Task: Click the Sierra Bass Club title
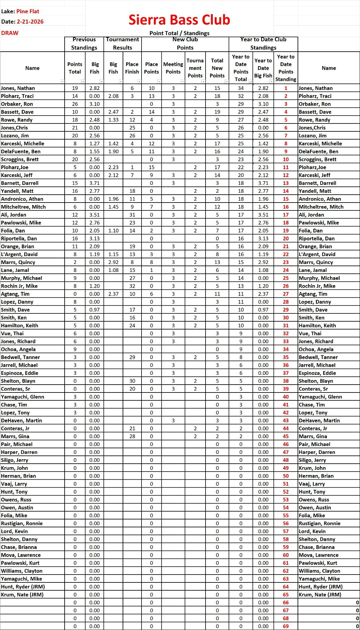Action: click(179, 20)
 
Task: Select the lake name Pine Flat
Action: click(28, 11)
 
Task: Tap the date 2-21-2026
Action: click(30, 22)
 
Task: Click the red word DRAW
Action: click(10, 33)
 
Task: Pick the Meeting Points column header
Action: click(173, 68)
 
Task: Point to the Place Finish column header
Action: click(132, 68)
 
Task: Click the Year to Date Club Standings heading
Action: click(263, 43)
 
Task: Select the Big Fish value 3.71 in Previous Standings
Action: click(94, 183)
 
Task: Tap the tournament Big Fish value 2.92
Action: click(113, 262)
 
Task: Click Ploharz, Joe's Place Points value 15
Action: click(151, 167)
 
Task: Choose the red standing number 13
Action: click(286, 183)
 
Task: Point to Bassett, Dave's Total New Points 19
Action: click(217, 112)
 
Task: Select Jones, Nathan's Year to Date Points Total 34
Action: click(241, 88)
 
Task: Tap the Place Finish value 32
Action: click(132, 286)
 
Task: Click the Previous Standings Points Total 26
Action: click(75, 104)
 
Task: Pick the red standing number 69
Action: click(286, 626)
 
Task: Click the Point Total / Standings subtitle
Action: click(179, 33)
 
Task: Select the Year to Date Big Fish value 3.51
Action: click(263, 215)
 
